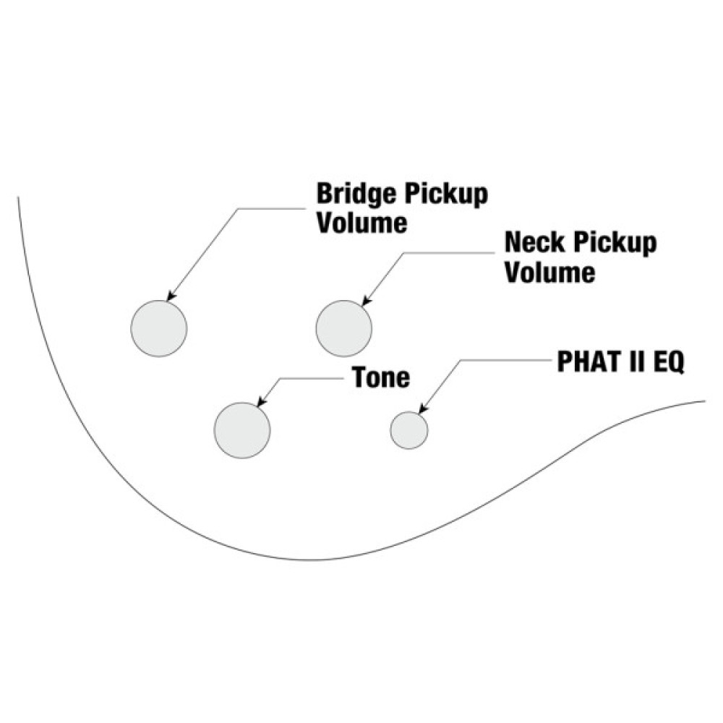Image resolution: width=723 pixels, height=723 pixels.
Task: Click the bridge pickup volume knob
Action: point(159,328)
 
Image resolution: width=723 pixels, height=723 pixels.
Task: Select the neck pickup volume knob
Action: point(344,328)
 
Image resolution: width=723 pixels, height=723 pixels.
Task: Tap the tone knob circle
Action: point(242,429)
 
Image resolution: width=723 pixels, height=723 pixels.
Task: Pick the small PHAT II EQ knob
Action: point(409,430)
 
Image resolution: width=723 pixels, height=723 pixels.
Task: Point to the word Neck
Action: point(536,243)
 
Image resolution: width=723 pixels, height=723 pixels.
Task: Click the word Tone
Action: point(381,377)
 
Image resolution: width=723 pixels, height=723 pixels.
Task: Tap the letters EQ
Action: point(667,363)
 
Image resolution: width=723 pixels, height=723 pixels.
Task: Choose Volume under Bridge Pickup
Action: point(362,223)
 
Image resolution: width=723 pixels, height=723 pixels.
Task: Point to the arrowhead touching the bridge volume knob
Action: point(171,296)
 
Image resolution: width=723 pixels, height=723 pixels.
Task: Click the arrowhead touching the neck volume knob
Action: point(366,301)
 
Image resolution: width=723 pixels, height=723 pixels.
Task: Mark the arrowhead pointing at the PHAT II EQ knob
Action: point(422,410)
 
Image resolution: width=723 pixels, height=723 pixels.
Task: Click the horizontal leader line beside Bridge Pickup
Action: point(275,209)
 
